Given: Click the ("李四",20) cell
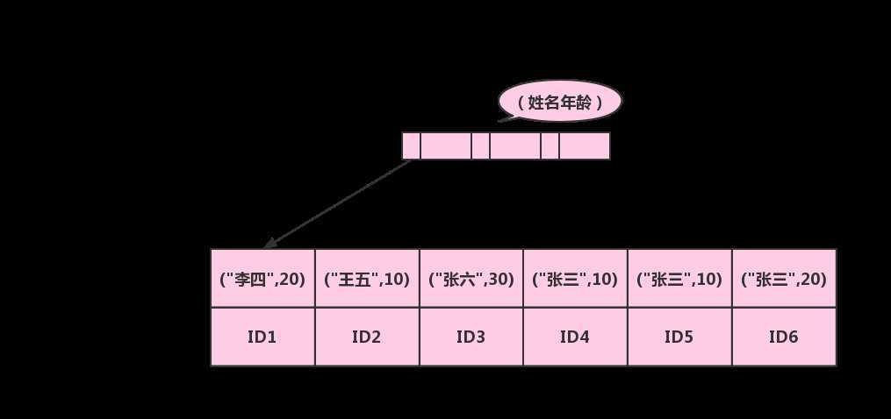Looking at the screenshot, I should tap(262, 279).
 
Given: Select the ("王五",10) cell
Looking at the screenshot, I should tap(367, 279).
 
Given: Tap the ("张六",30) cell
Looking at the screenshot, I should tap(471, 279).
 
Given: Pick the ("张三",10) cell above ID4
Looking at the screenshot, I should tap(575, 279).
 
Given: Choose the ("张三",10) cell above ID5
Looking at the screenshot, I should tap(679, 279).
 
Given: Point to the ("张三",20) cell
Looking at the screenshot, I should tap(784, 279).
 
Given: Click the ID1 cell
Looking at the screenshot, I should tap(262, 337).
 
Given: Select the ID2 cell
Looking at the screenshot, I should tap(367, 337).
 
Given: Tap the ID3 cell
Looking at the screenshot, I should tap(471, 337).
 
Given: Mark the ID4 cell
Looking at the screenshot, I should tap(575, 337).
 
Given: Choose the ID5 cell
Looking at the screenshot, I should tap(679, 337).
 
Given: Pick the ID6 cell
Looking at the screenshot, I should tap(784, 337).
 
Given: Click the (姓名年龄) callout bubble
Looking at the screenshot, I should tap(560, 103).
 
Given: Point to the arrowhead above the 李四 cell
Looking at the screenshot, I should tap(270, 243).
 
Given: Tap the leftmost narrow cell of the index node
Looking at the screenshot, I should tap(411, 146).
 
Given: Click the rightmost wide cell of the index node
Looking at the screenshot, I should tap(584, 146).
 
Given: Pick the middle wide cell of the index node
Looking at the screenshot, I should tap(514, 146).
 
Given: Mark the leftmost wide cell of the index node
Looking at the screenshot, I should tap(445, 146).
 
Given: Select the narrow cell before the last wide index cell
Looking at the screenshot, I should tap(550, 146).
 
